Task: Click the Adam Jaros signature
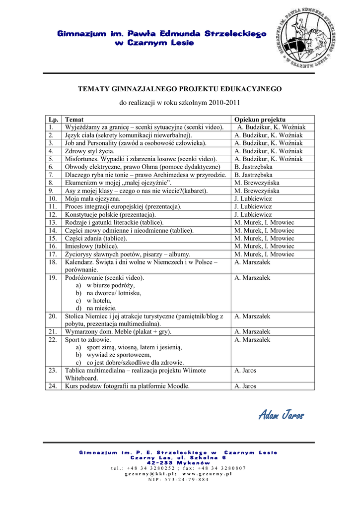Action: pos(281,415)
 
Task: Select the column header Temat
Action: pos(74,120)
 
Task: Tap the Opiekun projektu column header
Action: pos(260,120)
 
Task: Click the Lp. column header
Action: pos(53,120)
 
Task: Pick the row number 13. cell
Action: pos(53,223)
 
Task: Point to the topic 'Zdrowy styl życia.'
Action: pos(90,151)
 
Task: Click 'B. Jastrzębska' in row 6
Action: pos(253,167)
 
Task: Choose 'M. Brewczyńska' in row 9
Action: pos(257,191)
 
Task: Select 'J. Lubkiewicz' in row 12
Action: pos(253,215)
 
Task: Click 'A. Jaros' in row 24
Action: pos(245,386)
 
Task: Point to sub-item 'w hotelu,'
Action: pos(99,301)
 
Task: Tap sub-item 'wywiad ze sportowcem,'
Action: pos(119,355)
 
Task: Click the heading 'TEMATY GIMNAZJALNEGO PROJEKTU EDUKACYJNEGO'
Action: pos(180,89)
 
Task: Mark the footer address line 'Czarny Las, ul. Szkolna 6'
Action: pos(178,457)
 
